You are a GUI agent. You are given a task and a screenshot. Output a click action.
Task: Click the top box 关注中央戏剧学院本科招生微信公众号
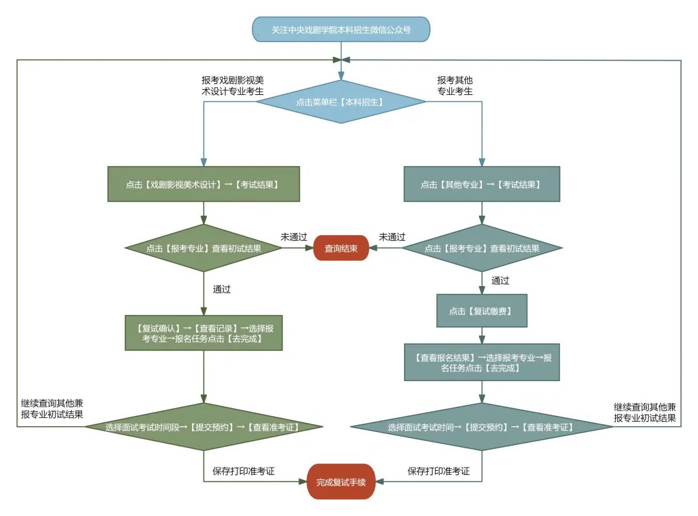pyautogui.click(x=341, y=30)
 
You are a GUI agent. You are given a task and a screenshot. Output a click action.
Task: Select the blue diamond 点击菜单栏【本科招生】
pyautogui.click(x=341, y=102)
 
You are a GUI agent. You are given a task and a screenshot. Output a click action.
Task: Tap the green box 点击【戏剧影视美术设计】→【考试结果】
pyautogui.click(x=203, y=185)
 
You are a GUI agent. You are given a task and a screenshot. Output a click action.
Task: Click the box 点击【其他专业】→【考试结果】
pyautogui.click(x=481, y=185)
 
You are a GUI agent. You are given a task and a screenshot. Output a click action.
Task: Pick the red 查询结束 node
pyautogui.click(x=341, y=248)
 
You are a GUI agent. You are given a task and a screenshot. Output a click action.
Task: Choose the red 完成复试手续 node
pyautogui.click(x=341, y=482)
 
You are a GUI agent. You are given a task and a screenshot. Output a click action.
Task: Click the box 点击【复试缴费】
pyautogui.click(x=481, y=311)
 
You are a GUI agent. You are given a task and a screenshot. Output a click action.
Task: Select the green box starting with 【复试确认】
pyautogui.click(x=203, y=333)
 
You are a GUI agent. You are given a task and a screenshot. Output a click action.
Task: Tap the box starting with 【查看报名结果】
pyautogui.click(x=481, y=362)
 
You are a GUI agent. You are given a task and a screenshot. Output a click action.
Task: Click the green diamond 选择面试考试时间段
pyautogui.click(x=203, y=427)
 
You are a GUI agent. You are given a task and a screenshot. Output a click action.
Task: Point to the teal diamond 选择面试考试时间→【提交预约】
pyautogui.click(x=481, y=428)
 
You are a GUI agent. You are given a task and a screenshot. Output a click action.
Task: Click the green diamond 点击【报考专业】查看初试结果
pyautogui.click(x=203, y=248)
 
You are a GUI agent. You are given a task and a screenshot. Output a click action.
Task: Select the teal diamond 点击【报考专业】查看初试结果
pyautogui.click(x=481, y=248)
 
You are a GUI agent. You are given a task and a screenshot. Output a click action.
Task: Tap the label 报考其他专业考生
pyautogui.click(x=455, y=86)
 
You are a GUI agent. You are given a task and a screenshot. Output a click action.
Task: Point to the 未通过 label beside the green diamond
pyautogui.click(x=293, y=237)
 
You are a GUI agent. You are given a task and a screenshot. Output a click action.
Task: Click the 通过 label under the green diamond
pyautogui.click(x=222, y=289)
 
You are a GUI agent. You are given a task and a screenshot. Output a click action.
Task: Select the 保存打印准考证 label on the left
pyautogui.click(x=244, y=471)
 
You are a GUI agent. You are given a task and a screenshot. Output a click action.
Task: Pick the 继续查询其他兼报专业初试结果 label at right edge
pyautogui.click(x=644, y=413)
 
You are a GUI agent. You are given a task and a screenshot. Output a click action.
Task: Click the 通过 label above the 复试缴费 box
pyautogui.click(x=500, y=280)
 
